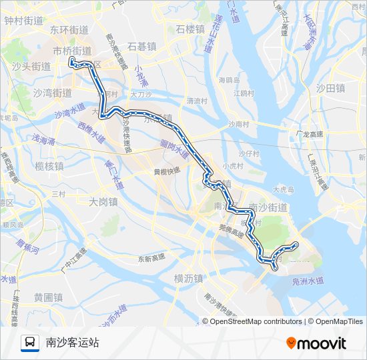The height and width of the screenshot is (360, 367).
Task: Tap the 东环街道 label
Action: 69,30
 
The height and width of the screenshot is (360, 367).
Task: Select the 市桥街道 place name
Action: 72,51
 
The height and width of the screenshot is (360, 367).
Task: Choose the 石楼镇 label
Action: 190,29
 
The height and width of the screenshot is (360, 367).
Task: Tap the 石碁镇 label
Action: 141,46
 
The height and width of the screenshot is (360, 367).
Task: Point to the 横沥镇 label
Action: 188,278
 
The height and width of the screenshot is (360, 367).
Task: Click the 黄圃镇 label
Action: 48,297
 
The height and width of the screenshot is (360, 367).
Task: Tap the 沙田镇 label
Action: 330,88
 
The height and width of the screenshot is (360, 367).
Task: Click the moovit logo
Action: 316,343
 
